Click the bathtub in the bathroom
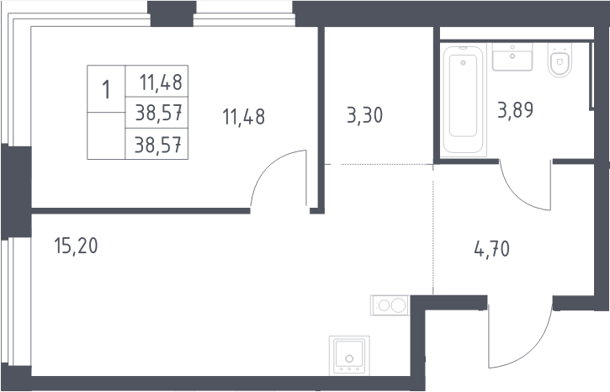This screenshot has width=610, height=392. click(464, 101)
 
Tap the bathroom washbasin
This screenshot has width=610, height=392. click(512, 56)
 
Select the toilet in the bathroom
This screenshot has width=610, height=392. click(560, 60)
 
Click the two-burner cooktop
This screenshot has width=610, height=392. click(390, 305)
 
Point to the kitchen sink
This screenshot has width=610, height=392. click(349, 356)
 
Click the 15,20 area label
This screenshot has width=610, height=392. click(76, 246)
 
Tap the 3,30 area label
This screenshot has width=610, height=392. click(364, 115)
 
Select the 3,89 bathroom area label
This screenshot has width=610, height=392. click(515, 110)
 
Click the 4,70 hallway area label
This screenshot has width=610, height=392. click(491, 249)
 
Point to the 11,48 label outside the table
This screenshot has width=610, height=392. click(243, 117)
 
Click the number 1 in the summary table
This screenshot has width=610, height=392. click(106, 90)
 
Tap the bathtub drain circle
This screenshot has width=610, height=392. click(463, 62)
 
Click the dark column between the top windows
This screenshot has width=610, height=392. click(172, 13)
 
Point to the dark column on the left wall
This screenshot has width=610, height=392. click(16, 192)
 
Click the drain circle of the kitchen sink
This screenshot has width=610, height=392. click(349, 358)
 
